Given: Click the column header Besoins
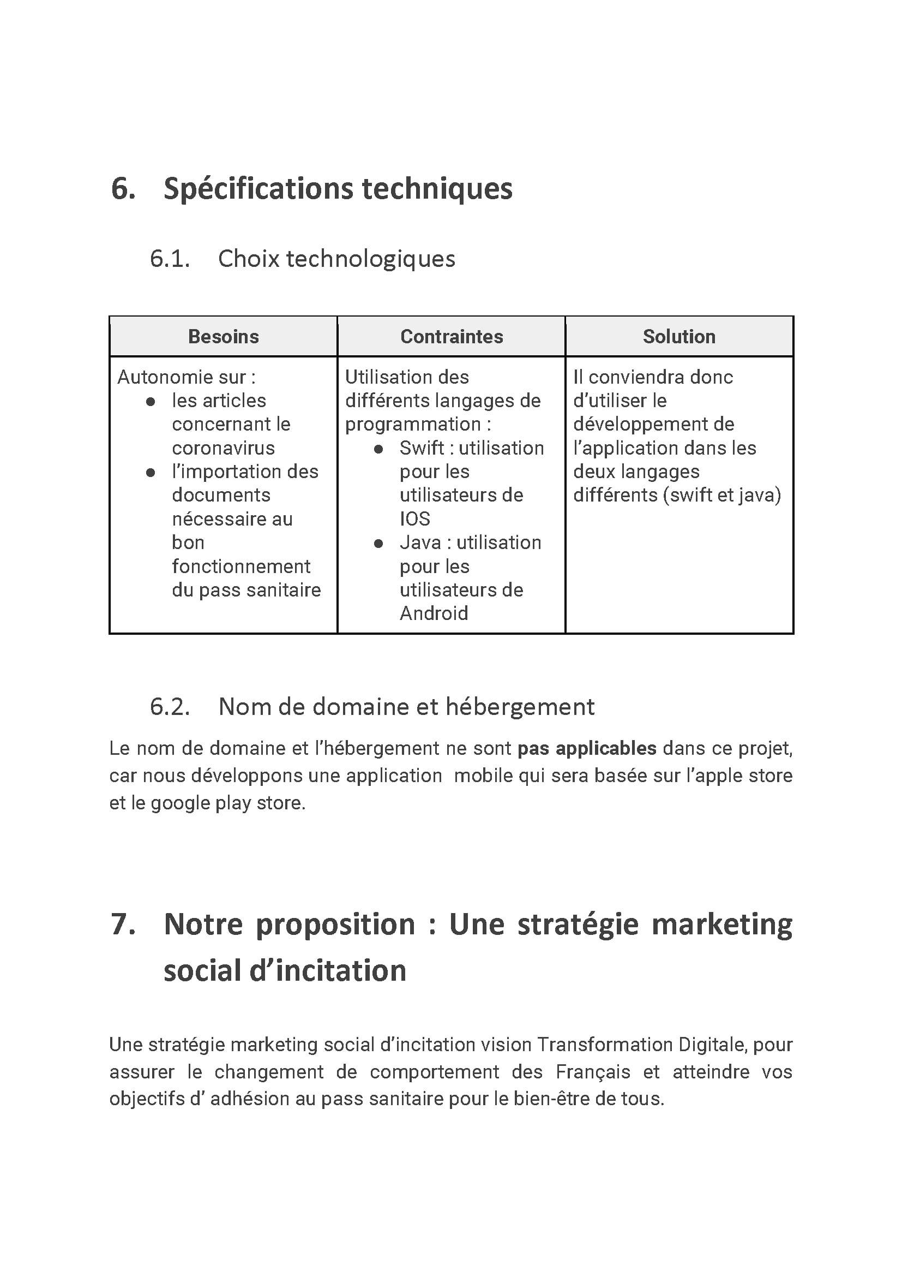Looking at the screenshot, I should pyautogui.click(x=223, y=337).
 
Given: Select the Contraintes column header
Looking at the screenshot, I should pyautogui.click(x=452, y=337).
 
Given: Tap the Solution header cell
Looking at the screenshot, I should pyautogui.click(x=679, y=337).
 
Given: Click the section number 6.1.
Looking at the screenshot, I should pyautogui.click(x=170, y=259).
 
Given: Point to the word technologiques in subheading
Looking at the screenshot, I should pyautogui.click(x=370, y=259).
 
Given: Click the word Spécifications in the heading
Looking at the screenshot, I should pyautogui.click(x=258, y=189).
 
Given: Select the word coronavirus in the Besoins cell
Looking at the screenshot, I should pyautogui.click(x=223, y=448).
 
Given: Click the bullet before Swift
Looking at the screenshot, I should pyautogui.click(x=378, y=449).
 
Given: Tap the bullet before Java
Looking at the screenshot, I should pyautogui.click(x=378, y=544).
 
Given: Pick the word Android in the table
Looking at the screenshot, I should pyautogui.click(x=434, y=613).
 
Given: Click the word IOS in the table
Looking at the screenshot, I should pyautogui.click(x=415, y=519).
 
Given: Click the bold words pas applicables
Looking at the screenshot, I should pyautogui.click(x=587, y=749).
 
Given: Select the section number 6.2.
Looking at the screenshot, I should pyautogui.click(x=170, y=707).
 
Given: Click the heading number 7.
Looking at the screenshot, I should pyautogui.click(x=123, y=924).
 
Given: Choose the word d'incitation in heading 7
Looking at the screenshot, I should pyautogui.click(x=328, y=970).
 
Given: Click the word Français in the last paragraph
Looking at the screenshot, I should pyautogui.click(x=593, y=1072).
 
